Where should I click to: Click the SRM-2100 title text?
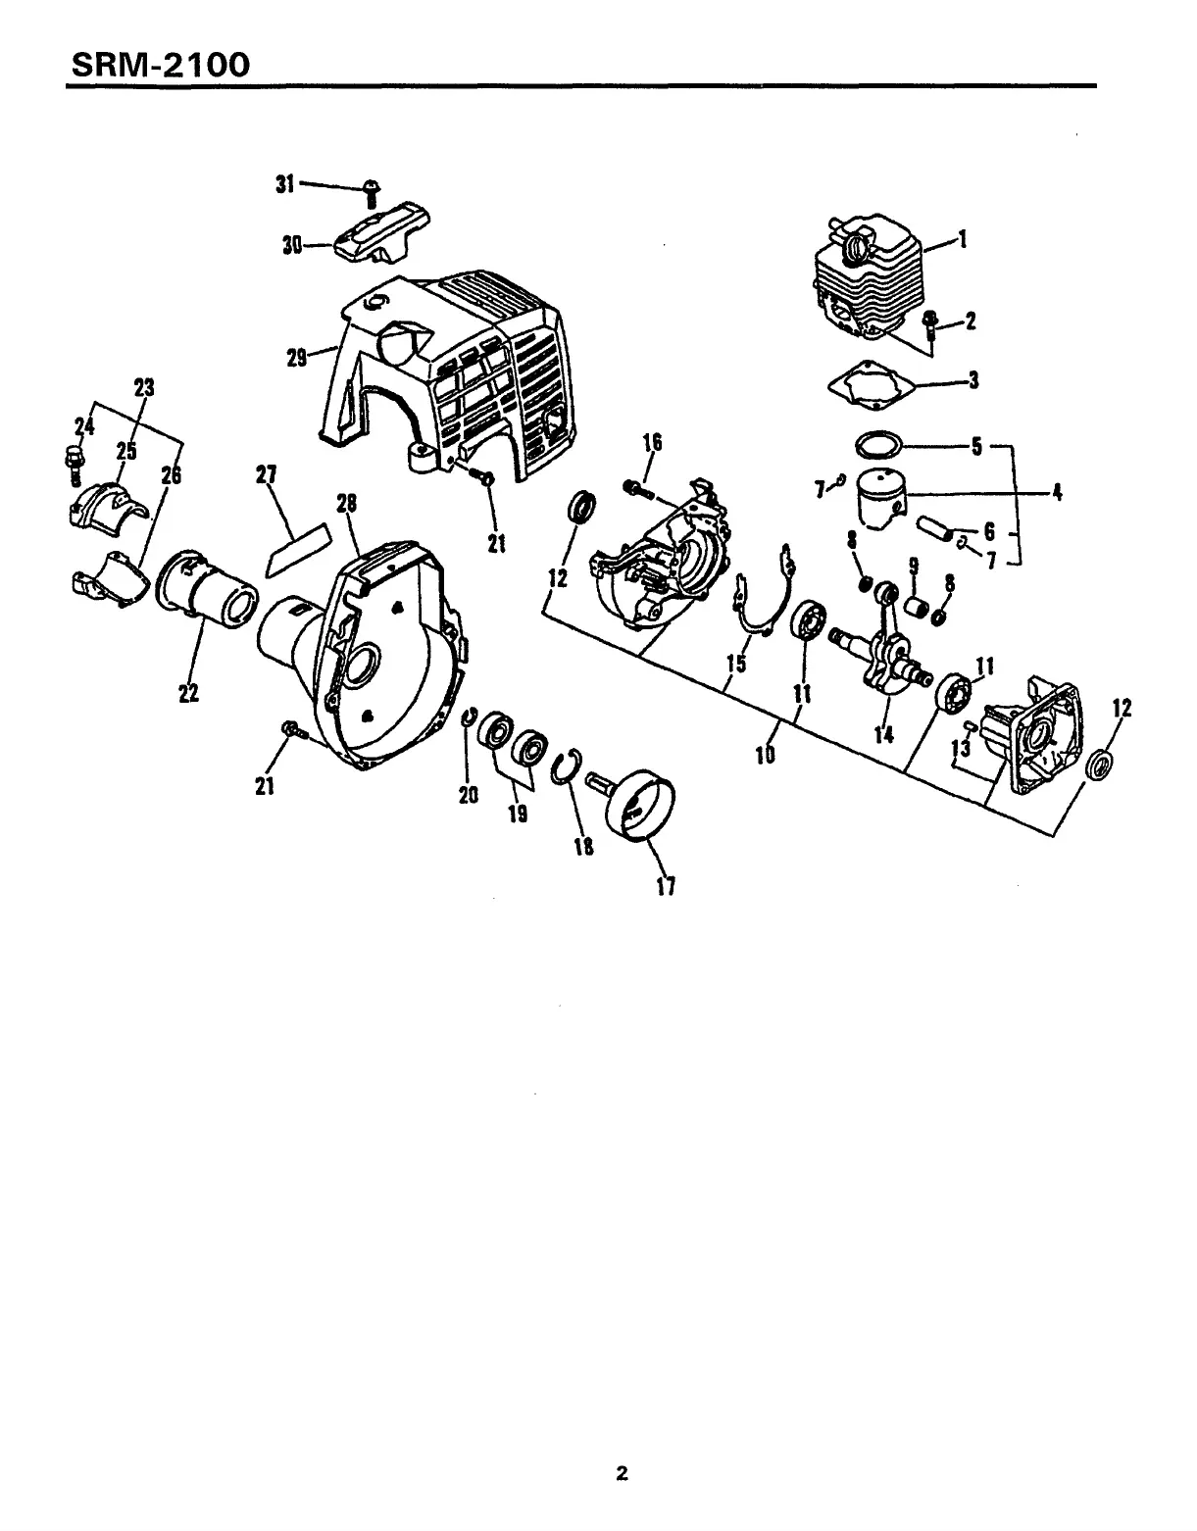coord(158,65)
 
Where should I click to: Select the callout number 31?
coord(285,183)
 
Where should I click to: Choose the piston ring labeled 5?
coord(877,444)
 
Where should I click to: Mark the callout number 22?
coord(188,693)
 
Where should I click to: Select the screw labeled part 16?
coord(638,487)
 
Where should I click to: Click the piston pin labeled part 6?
coord(934,529)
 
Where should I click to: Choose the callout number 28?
coord(346,503)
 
